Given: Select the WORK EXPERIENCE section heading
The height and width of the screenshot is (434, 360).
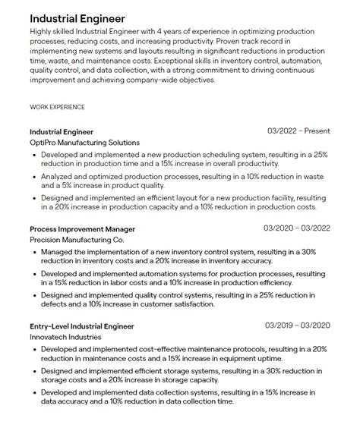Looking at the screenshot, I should (x=57, y=107).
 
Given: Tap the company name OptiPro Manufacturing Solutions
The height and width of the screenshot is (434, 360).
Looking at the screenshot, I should (x=84, y=143).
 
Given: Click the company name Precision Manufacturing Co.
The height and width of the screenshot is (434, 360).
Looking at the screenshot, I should (x=77, y=240).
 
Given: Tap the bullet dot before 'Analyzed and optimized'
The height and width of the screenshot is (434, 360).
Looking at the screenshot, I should (x=35, y=177).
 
